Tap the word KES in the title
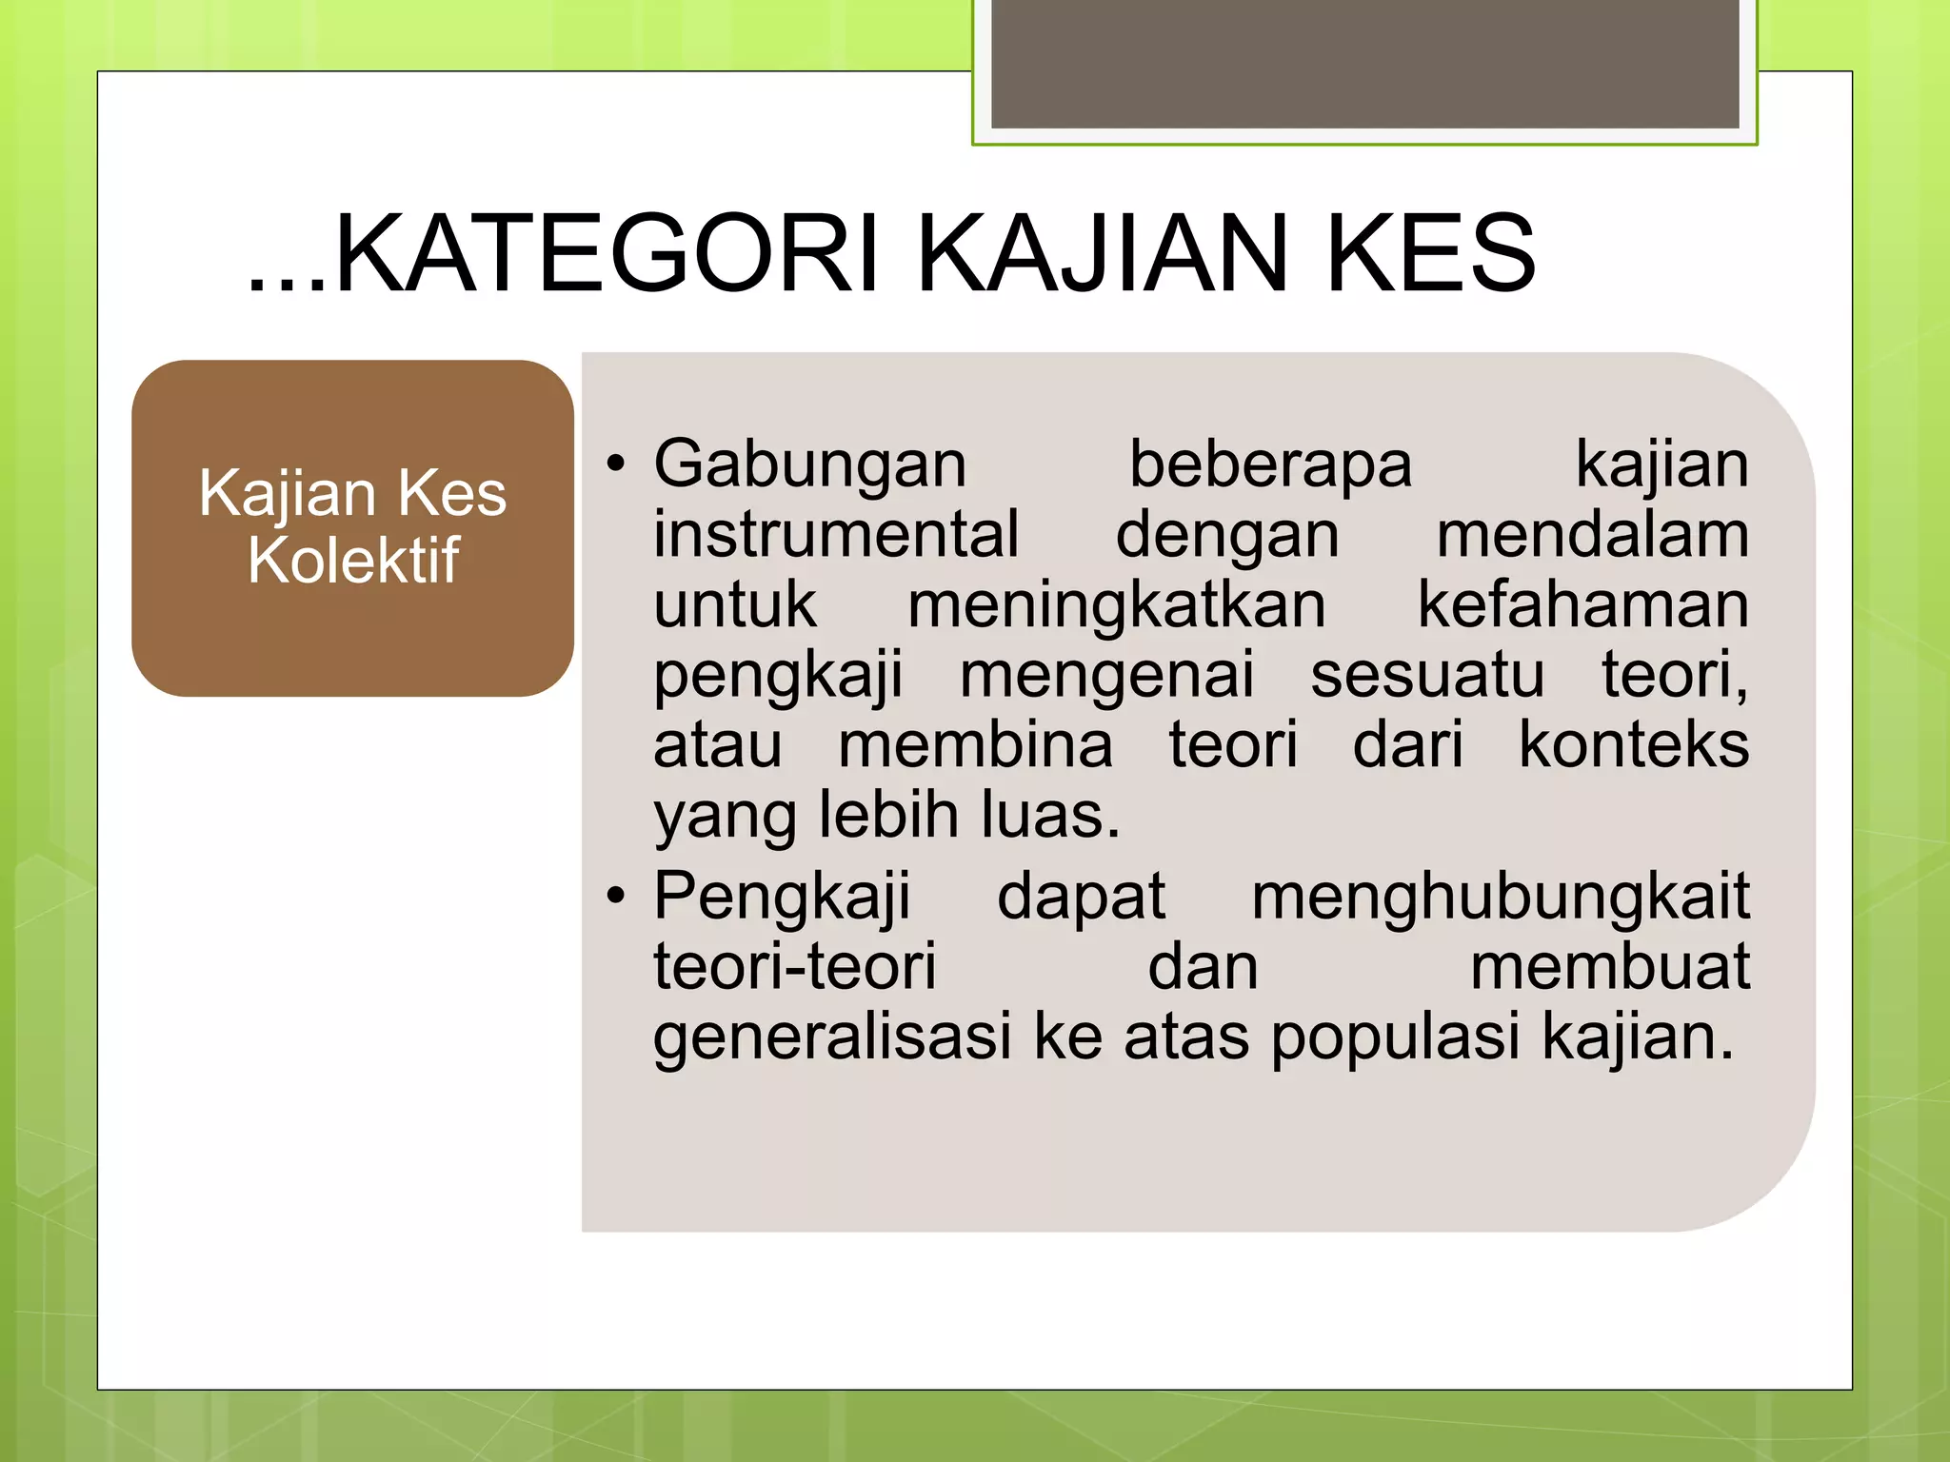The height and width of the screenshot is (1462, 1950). tap(1430, 254)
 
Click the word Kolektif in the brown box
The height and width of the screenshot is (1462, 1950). tap(353, 561)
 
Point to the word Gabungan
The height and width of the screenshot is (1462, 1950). tap(810, 464)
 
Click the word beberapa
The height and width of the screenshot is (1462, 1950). tap(1270, 464)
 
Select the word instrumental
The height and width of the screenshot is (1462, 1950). tap(836, 534)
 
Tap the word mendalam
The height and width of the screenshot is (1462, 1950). tap(1592, 534)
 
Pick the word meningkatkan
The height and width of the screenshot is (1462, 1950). tap(1116, 604)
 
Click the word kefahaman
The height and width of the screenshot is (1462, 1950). tap(1582, 604)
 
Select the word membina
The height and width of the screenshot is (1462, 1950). tap(975, 744)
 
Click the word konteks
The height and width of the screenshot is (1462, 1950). tap(1633, 744)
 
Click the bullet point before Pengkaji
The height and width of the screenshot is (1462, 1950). tap(617, 896)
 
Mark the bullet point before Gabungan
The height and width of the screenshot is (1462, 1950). tap(617, 464)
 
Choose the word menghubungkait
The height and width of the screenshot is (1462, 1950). tap(1500, 896)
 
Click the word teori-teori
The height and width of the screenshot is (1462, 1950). tap(795, 966)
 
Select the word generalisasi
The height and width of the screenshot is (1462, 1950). tap(831, 1037)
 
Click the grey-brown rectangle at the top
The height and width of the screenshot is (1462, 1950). tap(1364, 63)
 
